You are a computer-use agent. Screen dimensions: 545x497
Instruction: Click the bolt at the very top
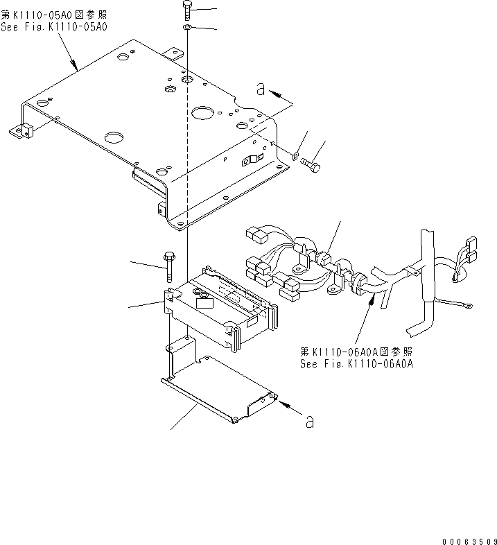pyautogui.click(x=189, y=10)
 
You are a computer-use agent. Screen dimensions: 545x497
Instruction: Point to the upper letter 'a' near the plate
pyautogui.click(x=260, y=89)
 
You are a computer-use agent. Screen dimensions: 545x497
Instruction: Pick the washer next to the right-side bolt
pyautogui.click(x=295, y=157)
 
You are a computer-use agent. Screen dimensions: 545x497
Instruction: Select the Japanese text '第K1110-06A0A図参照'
pyautogui.click(x=356, y=352)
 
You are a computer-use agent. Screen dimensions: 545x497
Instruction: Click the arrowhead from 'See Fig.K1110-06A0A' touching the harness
pyautogui.click(x=375, y=299)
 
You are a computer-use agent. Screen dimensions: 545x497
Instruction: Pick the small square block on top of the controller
pyautogui.click(x=204, y=302)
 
